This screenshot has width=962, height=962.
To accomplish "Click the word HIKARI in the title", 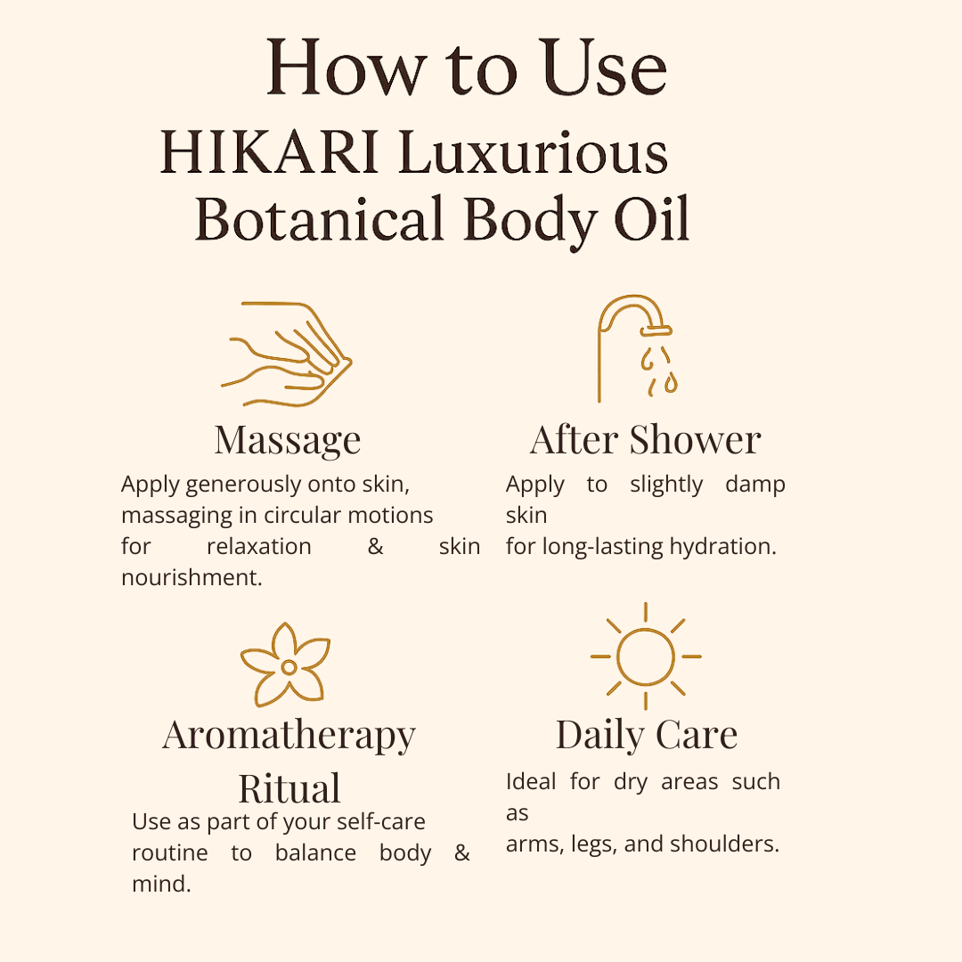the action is click(x=269, y=152).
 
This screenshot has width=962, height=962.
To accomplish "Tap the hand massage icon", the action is click(x=287, y=354).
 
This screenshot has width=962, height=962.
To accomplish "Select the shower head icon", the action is click(x=638, y=348).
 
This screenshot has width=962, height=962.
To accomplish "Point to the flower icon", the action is click(x=286, y=664).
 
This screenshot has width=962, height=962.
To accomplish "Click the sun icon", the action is click(x=646, y=656).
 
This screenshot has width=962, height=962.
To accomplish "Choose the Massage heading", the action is click(x=288, y=441).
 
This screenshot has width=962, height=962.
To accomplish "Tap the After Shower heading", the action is click(x=646, y=439).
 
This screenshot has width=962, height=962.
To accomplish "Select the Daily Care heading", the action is click(x=647, y=735).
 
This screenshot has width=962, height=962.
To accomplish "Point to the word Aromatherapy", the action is click(x=289, y=737).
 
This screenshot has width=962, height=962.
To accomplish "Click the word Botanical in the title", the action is click(x=319, y=219).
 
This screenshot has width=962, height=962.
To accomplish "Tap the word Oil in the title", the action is click(x=651, y=218).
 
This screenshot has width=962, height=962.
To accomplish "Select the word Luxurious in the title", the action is click(x=533, y=152).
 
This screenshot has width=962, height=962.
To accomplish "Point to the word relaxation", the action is click(x=259, y=546).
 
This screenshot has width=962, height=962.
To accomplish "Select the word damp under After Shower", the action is click(x=754, y=485).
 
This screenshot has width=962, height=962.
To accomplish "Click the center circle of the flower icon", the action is click(x=289, y=667).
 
